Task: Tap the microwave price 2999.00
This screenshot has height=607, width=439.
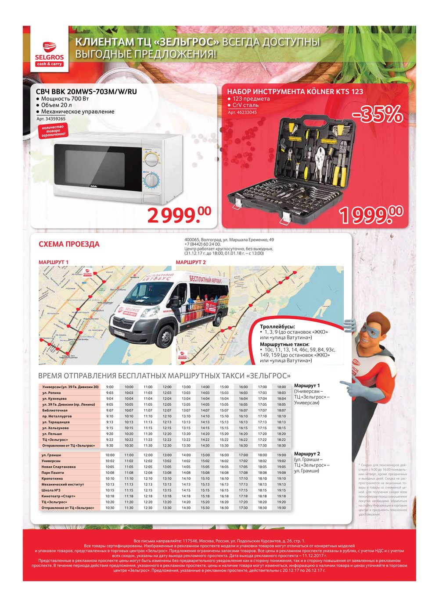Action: point(179,214)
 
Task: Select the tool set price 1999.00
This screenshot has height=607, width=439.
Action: point(371,214)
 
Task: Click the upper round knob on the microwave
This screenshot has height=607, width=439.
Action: point(152,158)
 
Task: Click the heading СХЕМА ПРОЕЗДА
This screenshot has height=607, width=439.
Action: point(69,244)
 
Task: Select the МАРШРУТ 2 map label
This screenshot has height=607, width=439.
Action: point(191,262)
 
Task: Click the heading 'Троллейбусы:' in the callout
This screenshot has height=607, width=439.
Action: point(277,327)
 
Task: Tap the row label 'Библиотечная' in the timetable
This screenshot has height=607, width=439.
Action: point(55,411)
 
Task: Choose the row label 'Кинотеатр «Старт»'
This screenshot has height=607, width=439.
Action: point(58,496)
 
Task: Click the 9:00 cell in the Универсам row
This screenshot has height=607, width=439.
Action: point(110,387)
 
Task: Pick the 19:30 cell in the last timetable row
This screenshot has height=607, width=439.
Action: point(281,508)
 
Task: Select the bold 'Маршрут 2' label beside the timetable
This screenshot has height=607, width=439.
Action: point(307,454)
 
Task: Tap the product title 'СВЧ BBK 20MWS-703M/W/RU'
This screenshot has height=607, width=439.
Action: point(86,92)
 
